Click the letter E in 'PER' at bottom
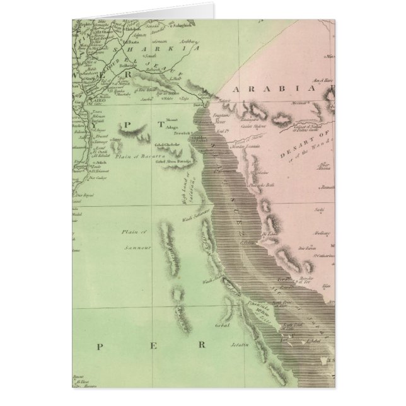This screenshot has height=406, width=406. [153, 345]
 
